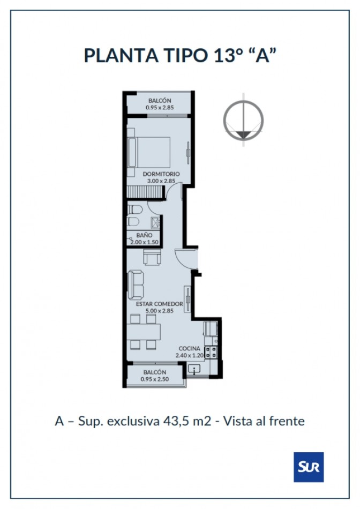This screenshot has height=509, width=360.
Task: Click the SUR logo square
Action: [x=309, y=467]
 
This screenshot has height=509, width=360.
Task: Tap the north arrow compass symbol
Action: [x=243, y=121]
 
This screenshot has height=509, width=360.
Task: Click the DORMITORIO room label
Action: [x=161, y=174]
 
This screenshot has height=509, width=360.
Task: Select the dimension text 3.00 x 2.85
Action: [x=161, y=181]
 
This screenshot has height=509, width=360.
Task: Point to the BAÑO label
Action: [x=144, y=235]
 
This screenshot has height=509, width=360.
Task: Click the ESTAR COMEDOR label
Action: [x=160, y=304]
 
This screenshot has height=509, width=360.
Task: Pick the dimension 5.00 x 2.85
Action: [x=160, y=311]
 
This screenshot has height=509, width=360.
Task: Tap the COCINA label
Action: [x=189, y=349]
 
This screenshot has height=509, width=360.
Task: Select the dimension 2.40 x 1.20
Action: [x=189, y=355]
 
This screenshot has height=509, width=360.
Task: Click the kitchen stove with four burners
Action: [x=211, y=352]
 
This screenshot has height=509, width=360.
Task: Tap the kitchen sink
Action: [x=194, y=369]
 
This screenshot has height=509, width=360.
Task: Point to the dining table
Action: [x=144, y=332]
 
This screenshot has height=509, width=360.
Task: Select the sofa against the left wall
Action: [x=136, y=285]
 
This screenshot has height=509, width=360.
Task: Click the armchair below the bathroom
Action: [x=152, y=257]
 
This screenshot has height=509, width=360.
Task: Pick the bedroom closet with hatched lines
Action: [x=145, y=192]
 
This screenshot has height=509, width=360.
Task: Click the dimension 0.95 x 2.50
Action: [x=154, y=379]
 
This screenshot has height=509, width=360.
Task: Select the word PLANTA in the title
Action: [x=121, y=55]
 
